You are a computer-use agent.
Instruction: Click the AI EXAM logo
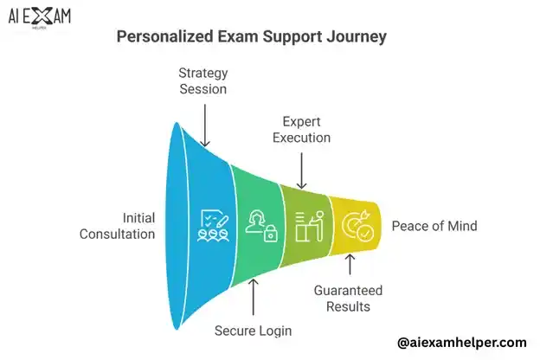click(40, 18)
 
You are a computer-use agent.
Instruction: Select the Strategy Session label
click(203, 81)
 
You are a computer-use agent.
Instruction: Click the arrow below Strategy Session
click(205, 126)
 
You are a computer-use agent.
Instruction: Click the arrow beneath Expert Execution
click(302, 171)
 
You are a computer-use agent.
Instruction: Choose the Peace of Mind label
click(434, 226)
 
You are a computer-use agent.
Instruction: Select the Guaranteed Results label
click(350, 298)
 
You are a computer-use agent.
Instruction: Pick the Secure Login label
click(253, 330)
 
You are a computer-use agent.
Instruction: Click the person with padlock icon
click(260, 227)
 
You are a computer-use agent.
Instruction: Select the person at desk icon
click(307, 227)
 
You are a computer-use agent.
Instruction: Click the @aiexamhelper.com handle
click(461, 343)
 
